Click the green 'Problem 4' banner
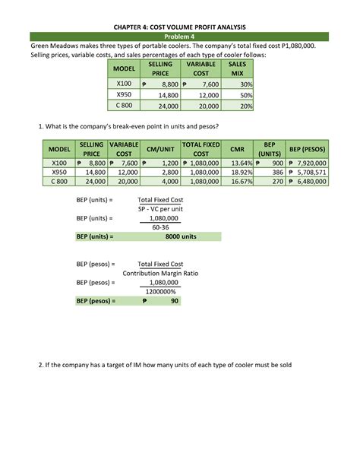pyautogui.click(x=180, y=36)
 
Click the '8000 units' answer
pyautogui.click(x=180, y=236)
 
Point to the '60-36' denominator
pyautogui.click(x=159, y=227)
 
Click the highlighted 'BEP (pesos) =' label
pyautogui.click(x=96, y=300)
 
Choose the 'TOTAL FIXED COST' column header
pyautogui.click(x=201, y=149)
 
